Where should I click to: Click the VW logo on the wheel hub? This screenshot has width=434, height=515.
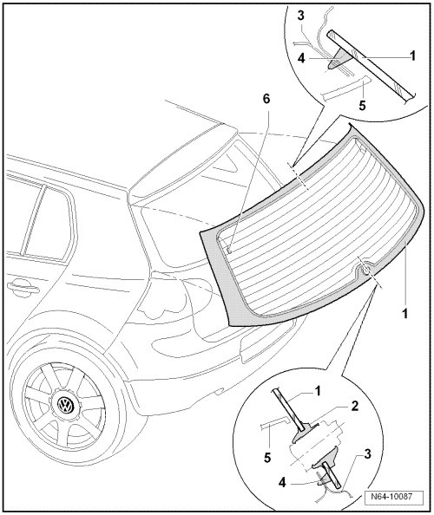coord(66,405)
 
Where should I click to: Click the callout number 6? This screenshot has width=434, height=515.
coord(266,99)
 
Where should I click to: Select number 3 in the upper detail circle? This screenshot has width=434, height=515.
coord(301,16)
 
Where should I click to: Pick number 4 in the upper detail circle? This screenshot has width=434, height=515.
coord(301,58)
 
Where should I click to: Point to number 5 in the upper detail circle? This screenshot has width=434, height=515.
coord(362,105)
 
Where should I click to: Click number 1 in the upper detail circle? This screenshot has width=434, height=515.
coord(413,55)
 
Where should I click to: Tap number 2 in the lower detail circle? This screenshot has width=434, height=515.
coord(354,407)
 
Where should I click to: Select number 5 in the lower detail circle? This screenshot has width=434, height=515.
coord(267,457)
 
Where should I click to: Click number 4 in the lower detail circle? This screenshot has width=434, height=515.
coord(282,483)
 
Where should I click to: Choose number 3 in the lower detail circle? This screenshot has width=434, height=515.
coord(367,454)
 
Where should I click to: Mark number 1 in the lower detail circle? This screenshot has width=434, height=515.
coord(318,391)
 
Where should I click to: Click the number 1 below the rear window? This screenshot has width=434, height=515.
coord(405,313)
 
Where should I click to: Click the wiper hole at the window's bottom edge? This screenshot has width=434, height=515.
coord(365,270)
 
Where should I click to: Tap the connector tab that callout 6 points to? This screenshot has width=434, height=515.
coord(229,250)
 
